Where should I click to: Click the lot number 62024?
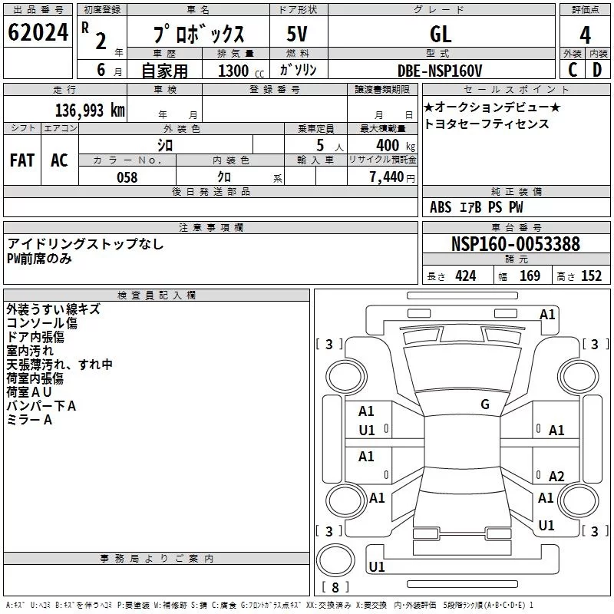[38, 32]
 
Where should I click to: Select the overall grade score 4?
[585, 35]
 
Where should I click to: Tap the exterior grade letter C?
[573, 70]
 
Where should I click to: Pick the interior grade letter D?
[597, 70]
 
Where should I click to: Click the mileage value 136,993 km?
[90, 111]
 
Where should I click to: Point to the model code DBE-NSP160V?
[440, 71]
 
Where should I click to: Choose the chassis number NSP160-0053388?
[516, 243]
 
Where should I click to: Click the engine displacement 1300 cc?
[241, 71]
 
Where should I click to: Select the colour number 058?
[127, 177]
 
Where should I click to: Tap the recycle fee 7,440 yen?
[392, 177]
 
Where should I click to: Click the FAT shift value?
[22, 160]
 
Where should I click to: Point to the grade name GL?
[441, 35]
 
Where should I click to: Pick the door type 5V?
[297, 34]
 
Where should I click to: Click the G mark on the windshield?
[485, 404]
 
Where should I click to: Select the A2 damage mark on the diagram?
[556, 476]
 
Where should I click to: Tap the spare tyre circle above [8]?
[335, 560]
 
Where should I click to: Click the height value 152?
[591, 276]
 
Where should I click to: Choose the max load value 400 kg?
[395, 145]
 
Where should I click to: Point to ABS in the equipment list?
[441, 207]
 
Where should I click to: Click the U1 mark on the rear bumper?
[377, 566]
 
